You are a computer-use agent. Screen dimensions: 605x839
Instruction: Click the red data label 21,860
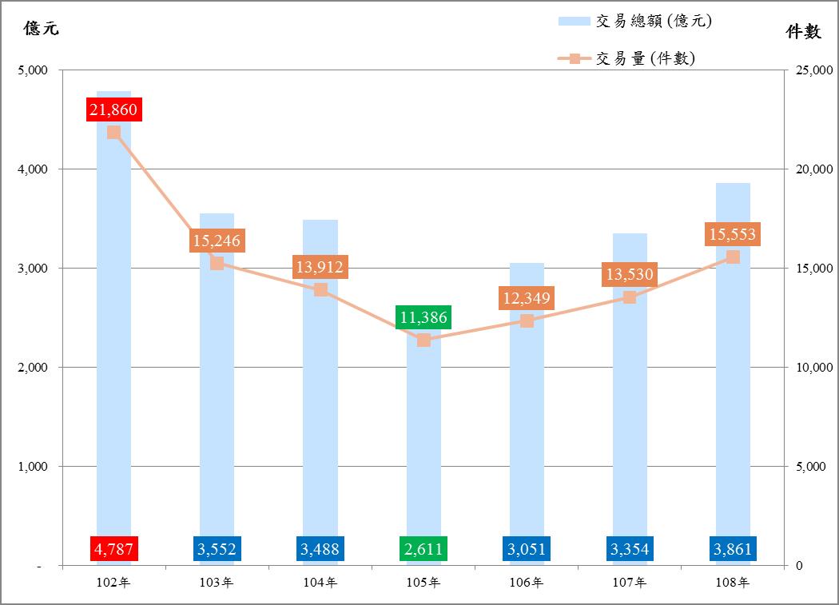click(113, 109)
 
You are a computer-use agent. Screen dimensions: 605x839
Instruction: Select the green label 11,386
click(423, 316)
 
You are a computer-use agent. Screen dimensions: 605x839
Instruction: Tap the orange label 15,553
click(733, 234)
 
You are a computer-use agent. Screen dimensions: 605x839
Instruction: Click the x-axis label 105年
click(423, 583)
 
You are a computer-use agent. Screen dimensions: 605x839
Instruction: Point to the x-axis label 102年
click(113, 583)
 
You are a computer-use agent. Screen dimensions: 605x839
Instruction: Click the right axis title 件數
click(803, 31)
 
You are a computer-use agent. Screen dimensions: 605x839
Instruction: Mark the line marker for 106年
click(527, 320)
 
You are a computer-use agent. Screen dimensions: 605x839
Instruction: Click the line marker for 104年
click(320, 289)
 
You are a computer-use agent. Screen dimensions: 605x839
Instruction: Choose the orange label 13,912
click(320, 267)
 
